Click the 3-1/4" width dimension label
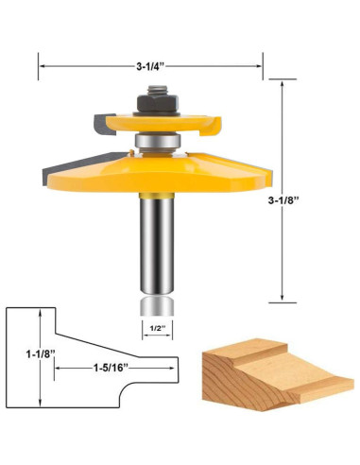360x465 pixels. pyautogui.click(x=150, y=66)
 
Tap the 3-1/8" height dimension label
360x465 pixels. pyautogui.click(x=283, y=200)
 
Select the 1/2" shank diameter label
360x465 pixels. pyautogui.click(x=158, y=328)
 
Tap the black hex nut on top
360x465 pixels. pyautogui.click(x=158, y=103)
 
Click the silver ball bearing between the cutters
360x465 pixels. pyautogui.click(x=157, y=141)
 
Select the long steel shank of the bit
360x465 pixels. pyautogui.click(x=157, y=246)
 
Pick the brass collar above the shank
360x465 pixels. pyautogui.click(x=157, y=196)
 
